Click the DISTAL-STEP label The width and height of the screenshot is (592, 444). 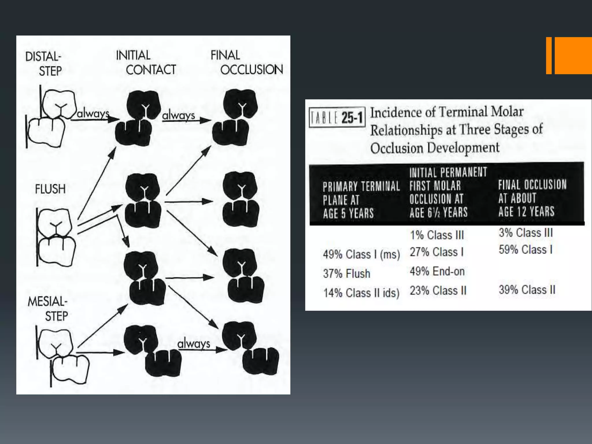pyautogui.click(x=44, y=64)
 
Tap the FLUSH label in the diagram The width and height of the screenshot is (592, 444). pyautogui.click(x=50, y=189)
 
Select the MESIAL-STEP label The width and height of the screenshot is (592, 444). pyautogui.click(x=48, y=309)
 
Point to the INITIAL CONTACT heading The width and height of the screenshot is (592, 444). pyautogui.click(x=146, y=62)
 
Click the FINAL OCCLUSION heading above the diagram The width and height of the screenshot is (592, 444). pyautogui.click(x=247, y=62)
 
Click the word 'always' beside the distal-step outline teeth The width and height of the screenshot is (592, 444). pyautogui.click(x=93, y=114)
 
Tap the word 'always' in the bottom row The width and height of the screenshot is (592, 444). pyautogui.click(x=194, y=344)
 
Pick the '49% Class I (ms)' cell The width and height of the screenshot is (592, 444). pyautogui.click(x=361, y=254)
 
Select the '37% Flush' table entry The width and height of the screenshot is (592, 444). pyautogui.click(x=347, y=273)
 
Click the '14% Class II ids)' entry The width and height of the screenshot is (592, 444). pyautogui.click(x=361, y=293)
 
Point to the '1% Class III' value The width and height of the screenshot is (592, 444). pyautogui.click(x=437, y=235)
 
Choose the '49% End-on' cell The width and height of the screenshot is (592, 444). pyautogui.click(x=437, y=271)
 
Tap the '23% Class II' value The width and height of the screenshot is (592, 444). pyautogui.click(x=438, y=291)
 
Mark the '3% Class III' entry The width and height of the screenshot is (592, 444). pyautogui.click(x=526, y=233)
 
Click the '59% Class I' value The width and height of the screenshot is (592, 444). pyautogui.click(x=526, y=249)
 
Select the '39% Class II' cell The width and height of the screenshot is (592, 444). pyautogui.click(x=527, y=290)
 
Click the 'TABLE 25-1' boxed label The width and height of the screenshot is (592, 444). pyautogui.click(x=337, y=117)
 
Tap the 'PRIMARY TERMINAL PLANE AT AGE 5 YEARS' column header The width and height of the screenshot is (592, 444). pyautogui.click(x=361, y=200)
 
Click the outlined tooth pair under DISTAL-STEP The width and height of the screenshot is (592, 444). pyautogui.click(x=51, y=117)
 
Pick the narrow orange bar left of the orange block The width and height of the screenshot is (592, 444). pyautogui.click(x=549, y=55)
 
